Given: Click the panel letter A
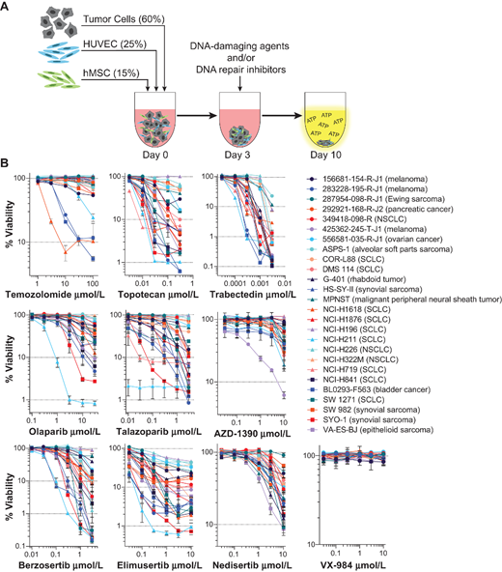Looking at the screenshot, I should tap(8, 9).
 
